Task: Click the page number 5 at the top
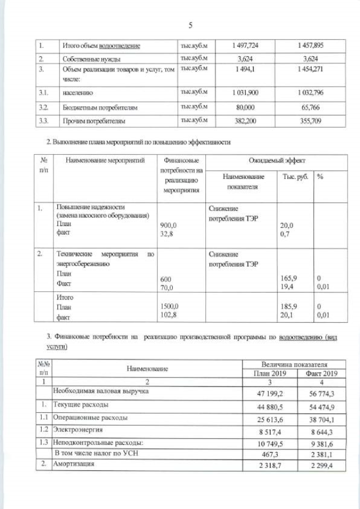[x=190, y=25]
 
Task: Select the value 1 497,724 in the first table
[x=245, y=45]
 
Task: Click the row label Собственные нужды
[x=90, y=58]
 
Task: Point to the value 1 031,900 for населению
[x=245, y=92]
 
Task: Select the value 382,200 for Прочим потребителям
[x=245, y=120]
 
